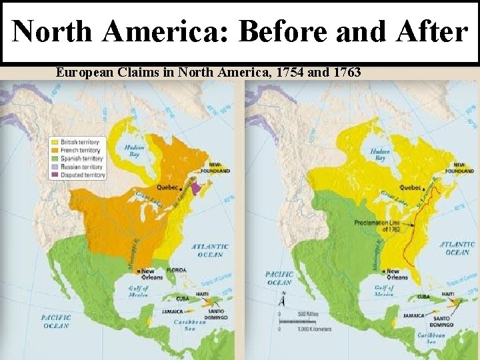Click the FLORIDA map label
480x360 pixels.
point(177,270)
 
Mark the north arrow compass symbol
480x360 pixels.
point(283,299)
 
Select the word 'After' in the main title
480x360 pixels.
point(429,32)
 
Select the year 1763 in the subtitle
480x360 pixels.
point(341,71)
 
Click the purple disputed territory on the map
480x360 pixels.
point(196,189)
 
